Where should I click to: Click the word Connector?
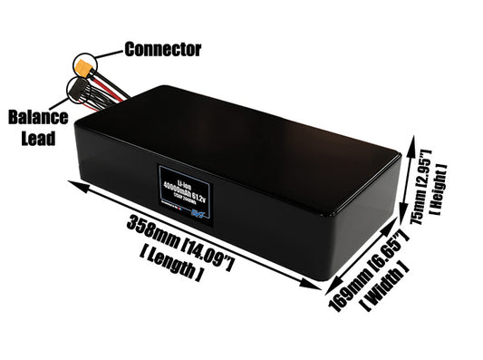pyautogui.click(x=162, y=48)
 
